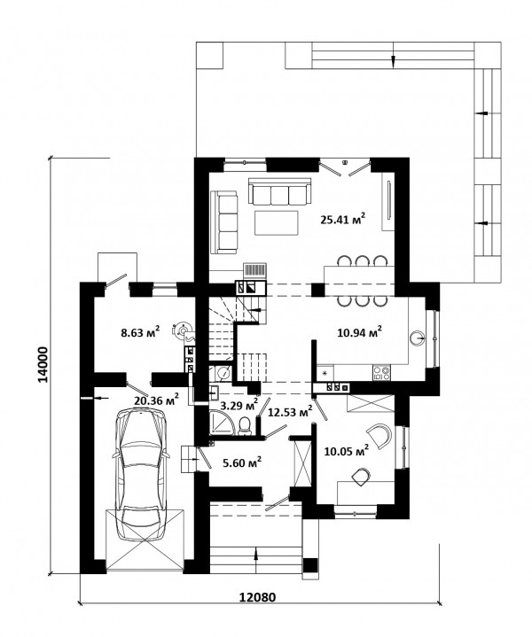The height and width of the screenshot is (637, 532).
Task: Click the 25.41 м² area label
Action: pos(342,220)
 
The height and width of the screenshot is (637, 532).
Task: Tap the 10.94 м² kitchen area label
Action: pos(360,332)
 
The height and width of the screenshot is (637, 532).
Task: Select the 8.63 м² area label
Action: pos(140,332)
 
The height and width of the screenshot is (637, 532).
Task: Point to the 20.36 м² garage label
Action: pos(157,400)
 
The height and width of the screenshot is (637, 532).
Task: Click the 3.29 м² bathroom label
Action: pos(239,404)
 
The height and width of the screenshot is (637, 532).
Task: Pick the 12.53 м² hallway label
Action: pos(290,412)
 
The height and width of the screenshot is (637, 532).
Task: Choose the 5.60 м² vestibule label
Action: pos(242,462)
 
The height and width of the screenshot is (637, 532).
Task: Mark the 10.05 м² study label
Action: pos(347,451)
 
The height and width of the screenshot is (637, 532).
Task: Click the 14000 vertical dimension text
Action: pos(43,364)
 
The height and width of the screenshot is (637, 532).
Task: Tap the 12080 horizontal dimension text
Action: pos(257,597)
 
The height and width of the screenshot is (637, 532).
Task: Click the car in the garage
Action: pos(141,475)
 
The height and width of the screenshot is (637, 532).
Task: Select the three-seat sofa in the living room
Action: pos(279,191)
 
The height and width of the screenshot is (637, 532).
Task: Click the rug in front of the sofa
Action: pos(277,222)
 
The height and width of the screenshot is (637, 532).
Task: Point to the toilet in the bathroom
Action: pos(245,426)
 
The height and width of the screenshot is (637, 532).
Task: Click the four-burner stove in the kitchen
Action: pos(381,373)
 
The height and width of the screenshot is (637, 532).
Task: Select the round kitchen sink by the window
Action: pos(418,338)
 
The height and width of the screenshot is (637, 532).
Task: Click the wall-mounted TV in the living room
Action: pos(389,201)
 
